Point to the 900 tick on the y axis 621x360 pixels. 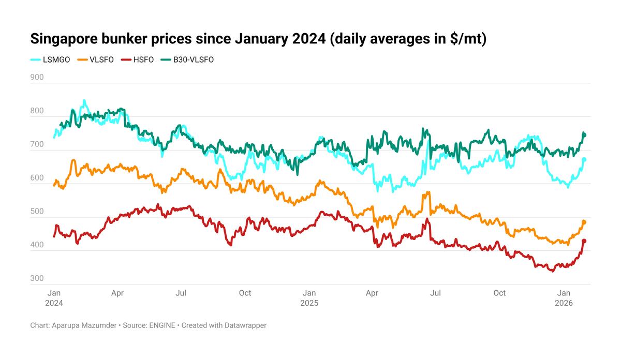pos(37,78)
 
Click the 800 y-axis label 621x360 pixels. pos(37,111)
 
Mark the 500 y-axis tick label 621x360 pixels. pos(37,212)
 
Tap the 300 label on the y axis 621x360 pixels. pos(37,279)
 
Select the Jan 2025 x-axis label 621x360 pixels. pos(309,297)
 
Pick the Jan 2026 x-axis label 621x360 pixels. pos(564,297)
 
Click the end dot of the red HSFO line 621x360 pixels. pos(584,241)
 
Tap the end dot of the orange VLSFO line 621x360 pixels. pos(584,222)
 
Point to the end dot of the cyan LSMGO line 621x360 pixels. pos(584,160)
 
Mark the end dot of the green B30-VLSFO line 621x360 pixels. pos(584,135)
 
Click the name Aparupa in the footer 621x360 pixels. pos(67,325)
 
